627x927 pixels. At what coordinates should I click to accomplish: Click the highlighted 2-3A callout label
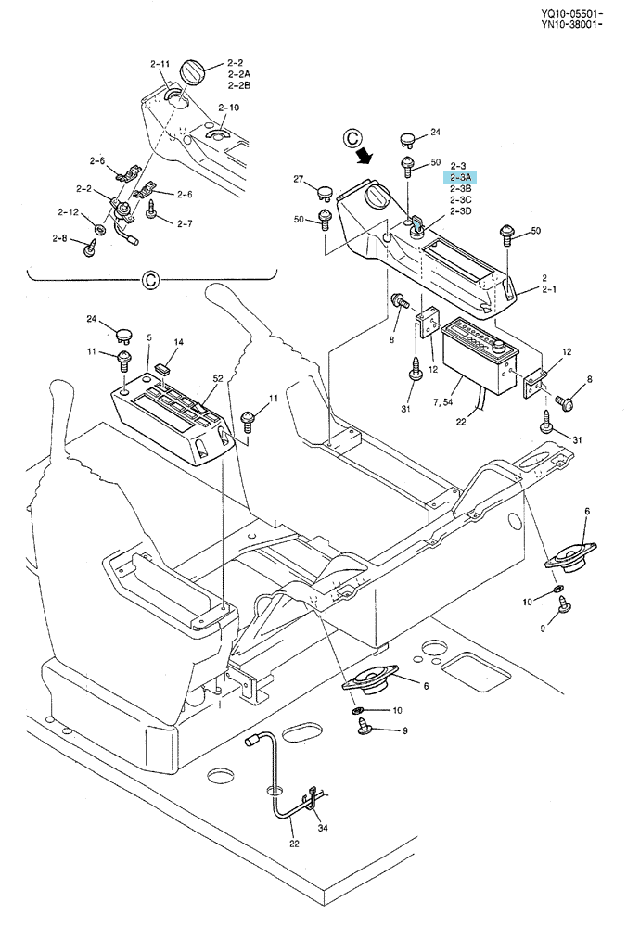pyautogui.click(x=460, y=177)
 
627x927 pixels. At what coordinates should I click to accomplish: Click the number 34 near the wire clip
pyautogui.click(x=323, y=828)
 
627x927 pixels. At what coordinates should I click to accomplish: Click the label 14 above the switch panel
pyautogui.click(x=179, y=342)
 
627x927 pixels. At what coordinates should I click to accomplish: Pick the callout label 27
pyautogui.click(x=298, y=179)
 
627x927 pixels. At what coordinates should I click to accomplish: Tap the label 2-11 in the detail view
pyautogui.click(x=160, y=64)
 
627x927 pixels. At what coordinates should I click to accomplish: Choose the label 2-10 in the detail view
pyautogui.click(x=228, y=108)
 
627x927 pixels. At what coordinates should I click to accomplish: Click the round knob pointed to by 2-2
pyautogui.click(x=193, y=72)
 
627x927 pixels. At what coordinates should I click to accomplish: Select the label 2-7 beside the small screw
pyautogui.click(x=185, y=223)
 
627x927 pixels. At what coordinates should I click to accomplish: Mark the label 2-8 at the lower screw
pyautogui.click(x=59, y=237)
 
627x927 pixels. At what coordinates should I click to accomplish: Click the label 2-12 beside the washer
pyautogui.click(x=68, y=211)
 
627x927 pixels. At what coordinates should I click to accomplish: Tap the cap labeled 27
pyautogui.click(x=325, y=191)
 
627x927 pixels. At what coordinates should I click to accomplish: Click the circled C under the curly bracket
pyautogui.click(x=151, y=279)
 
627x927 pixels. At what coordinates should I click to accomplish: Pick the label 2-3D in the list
pyautogui.click(x=461, y=211)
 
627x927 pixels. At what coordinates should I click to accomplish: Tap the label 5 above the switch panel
pyautogui.click(x=149, y=337)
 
